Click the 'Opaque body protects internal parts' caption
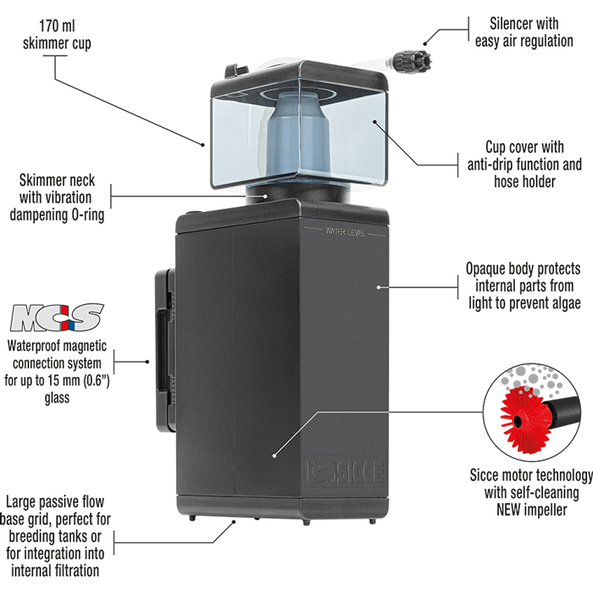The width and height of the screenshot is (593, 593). click(522, 285)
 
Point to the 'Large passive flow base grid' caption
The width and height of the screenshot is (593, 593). click(57, 535)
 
